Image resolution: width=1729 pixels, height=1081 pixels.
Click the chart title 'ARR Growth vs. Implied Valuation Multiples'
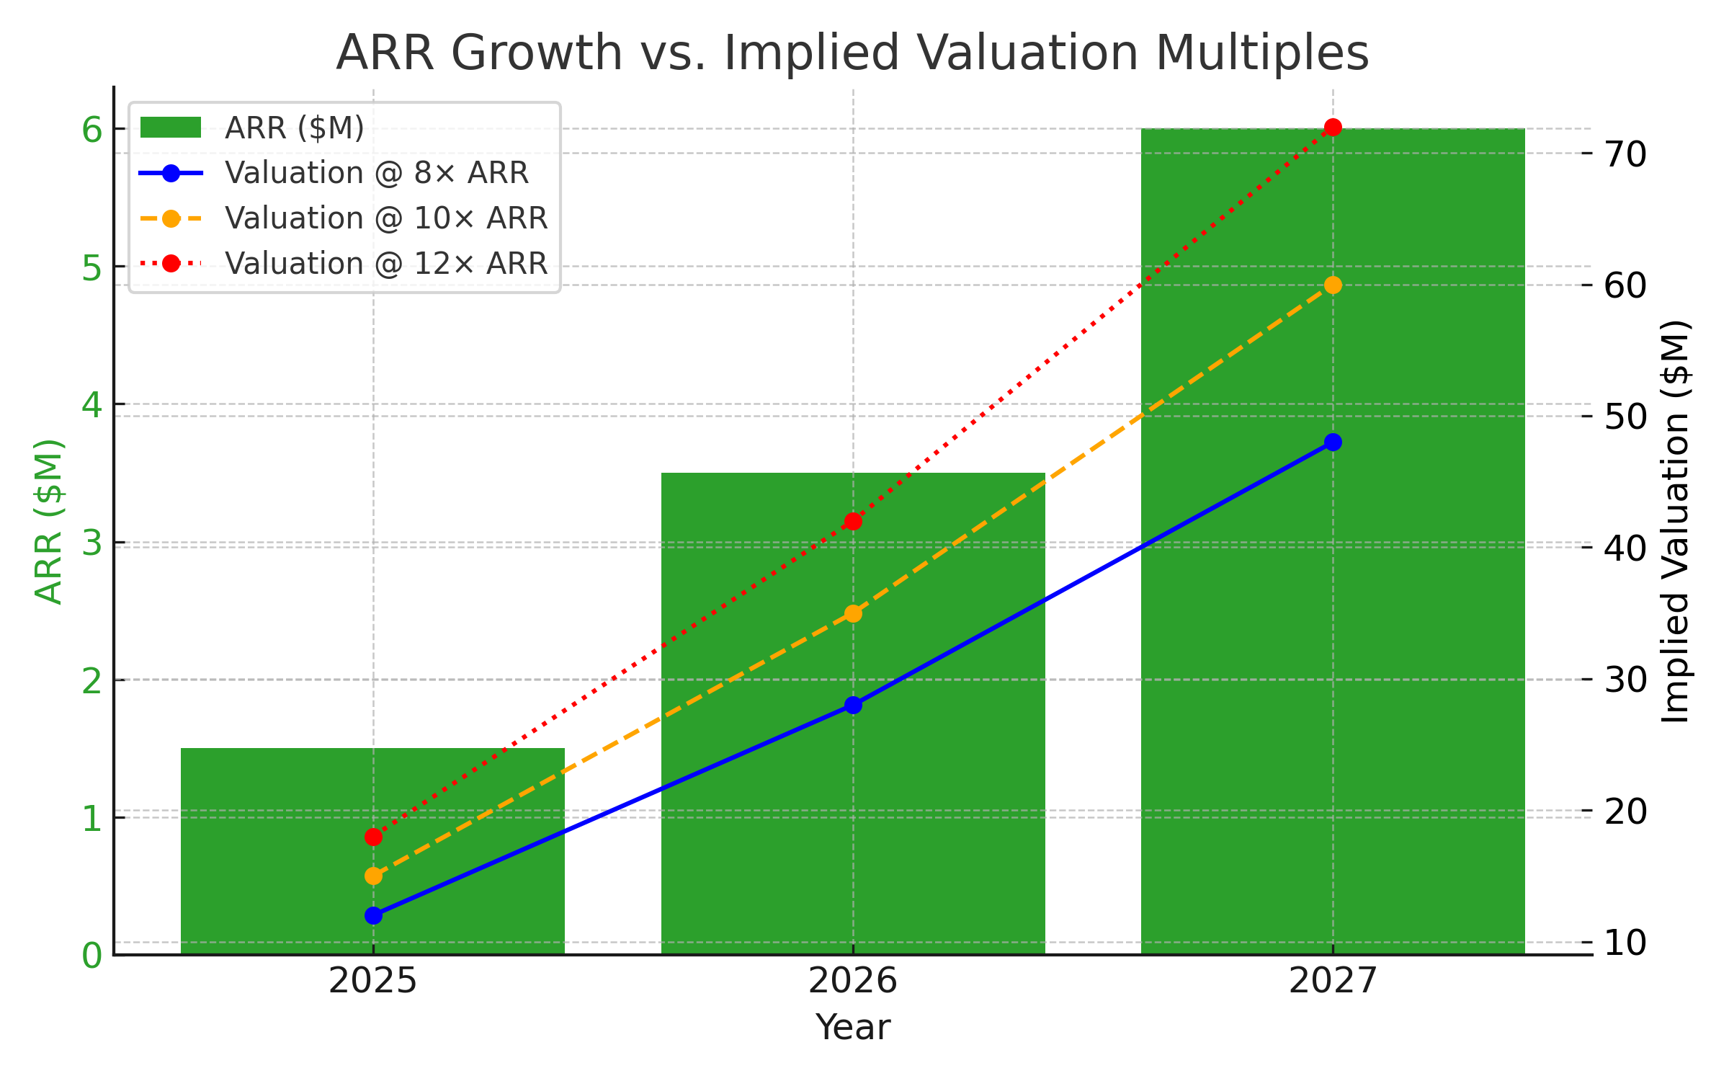pos(852,53)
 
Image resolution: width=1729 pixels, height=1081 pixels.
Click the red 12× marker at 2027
pos(1333,128)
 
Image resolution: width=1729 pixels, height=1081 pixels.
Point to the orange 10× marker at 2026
pos(853,613)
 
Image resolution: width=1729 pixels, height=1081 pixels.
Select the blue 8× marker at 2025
pos(373,915)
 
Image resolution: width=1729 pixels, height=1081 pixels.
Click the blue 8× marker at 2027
pos(1333,442)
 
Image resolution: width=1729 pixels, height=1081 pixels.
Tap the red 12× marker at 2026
pos(853,521)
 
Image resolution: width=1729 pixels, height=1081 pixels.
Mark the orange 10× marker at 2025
pos(373,876)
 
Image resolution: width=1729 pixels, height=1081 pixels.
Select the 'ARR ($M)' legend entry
pos(295,128)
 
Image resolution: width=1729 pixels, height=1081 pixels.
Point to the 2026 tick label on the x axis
pos(853,981)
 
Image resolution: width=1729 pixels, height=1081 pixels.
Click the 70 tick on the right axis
pos(1625,154)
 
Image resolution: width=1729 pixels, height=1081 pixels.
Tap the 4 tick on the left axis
pos(92,404)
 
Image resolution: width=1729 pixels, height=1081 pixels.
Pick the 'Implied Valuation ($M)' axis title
pos(1676,521)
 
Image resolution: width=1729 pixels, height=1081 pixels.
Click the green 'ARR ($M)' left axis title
pos(49,521)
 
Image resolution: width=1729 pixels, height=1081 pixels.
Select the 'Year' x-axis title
pos(853,1027)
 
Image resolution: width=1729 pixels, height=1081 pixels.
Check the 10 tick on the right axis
pos(1625,942)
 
